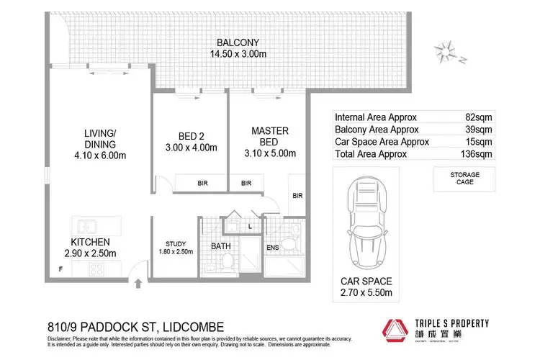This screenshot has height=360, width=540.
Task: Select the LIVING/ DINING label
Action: click(99, 139)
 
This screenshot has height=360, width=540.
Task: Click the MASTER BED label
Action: click(270, 136)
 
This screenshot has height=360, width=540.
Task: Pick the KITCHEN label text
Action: click(90, 242)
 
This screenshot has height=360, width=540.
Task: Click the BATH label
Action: click(220, 246)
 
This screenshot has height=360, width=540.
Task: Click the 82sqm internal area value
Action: click(479, 117)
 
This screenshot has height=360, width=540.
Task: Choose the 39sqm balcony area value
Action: click(479, 130)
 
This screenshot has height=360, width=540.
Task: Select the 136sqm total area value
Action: click(477, 154)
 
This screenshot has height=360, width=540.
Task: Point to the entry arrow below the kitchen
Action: click(138, 282)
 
